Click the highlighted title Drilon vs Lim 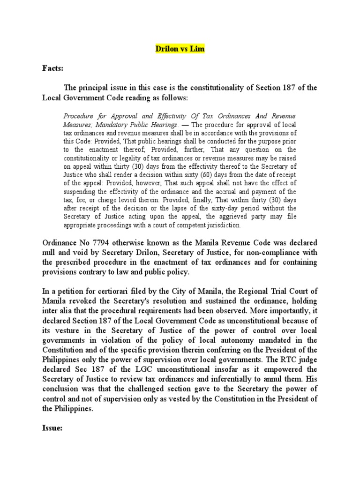coord(180,49)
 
